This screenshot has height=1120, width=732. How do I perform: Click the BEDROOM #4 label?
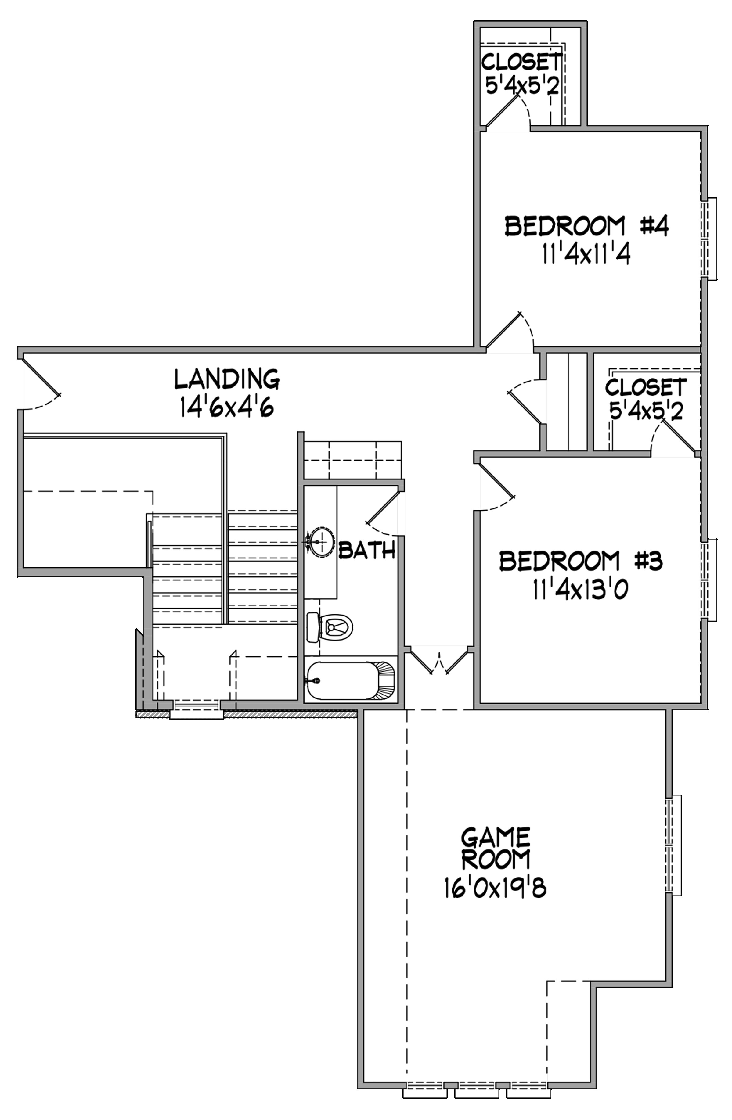tap(586, 226)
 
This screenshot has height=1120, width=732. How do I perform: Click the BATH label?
tap(367, 550)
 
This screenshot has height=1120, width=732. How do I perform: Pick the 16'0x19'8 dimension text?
tap(495, 888)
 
